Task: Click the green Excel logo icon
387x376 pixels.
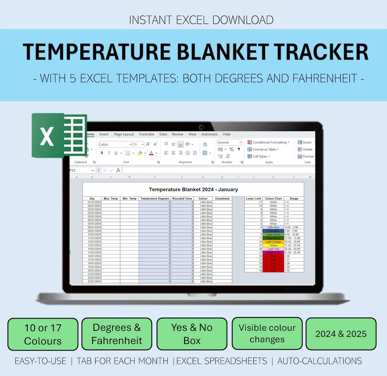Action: click(59, 135)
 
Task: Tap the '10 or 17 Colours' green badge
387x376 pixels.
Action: click(43, 334)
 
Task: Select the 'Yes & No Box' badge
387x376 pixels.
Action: click(192, 334)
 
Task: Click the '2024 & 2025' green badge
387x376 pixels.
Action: click(341, 334)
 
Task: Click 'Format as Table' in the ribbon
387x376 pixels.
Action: click(265, 149)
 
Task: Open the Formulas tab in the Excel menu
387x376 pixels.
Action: click(147, 134)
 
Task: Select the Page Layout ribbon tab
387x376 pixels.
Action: click(124, 134)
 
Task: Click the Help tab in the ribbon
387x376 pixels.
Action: click(227, 134)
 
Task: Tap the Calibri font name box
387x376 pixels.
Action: click(115, 144)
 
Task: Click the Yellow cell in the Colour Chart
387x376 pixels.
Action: click(273, 246)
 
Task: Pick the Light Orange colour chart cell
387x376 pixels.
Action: click(273, 242)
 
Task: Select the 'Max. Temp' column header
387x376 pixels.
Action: click(111, 199)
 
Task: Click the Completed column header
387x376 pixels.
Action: click(222, 199)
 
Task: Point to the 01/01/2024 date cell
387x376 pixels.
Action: click(92, 202)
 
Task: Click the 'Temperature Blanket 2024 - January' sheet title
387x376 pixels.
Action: click(193, 190)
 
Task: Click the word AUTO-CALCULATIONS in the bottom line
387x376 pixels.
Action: click(320, 361)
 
